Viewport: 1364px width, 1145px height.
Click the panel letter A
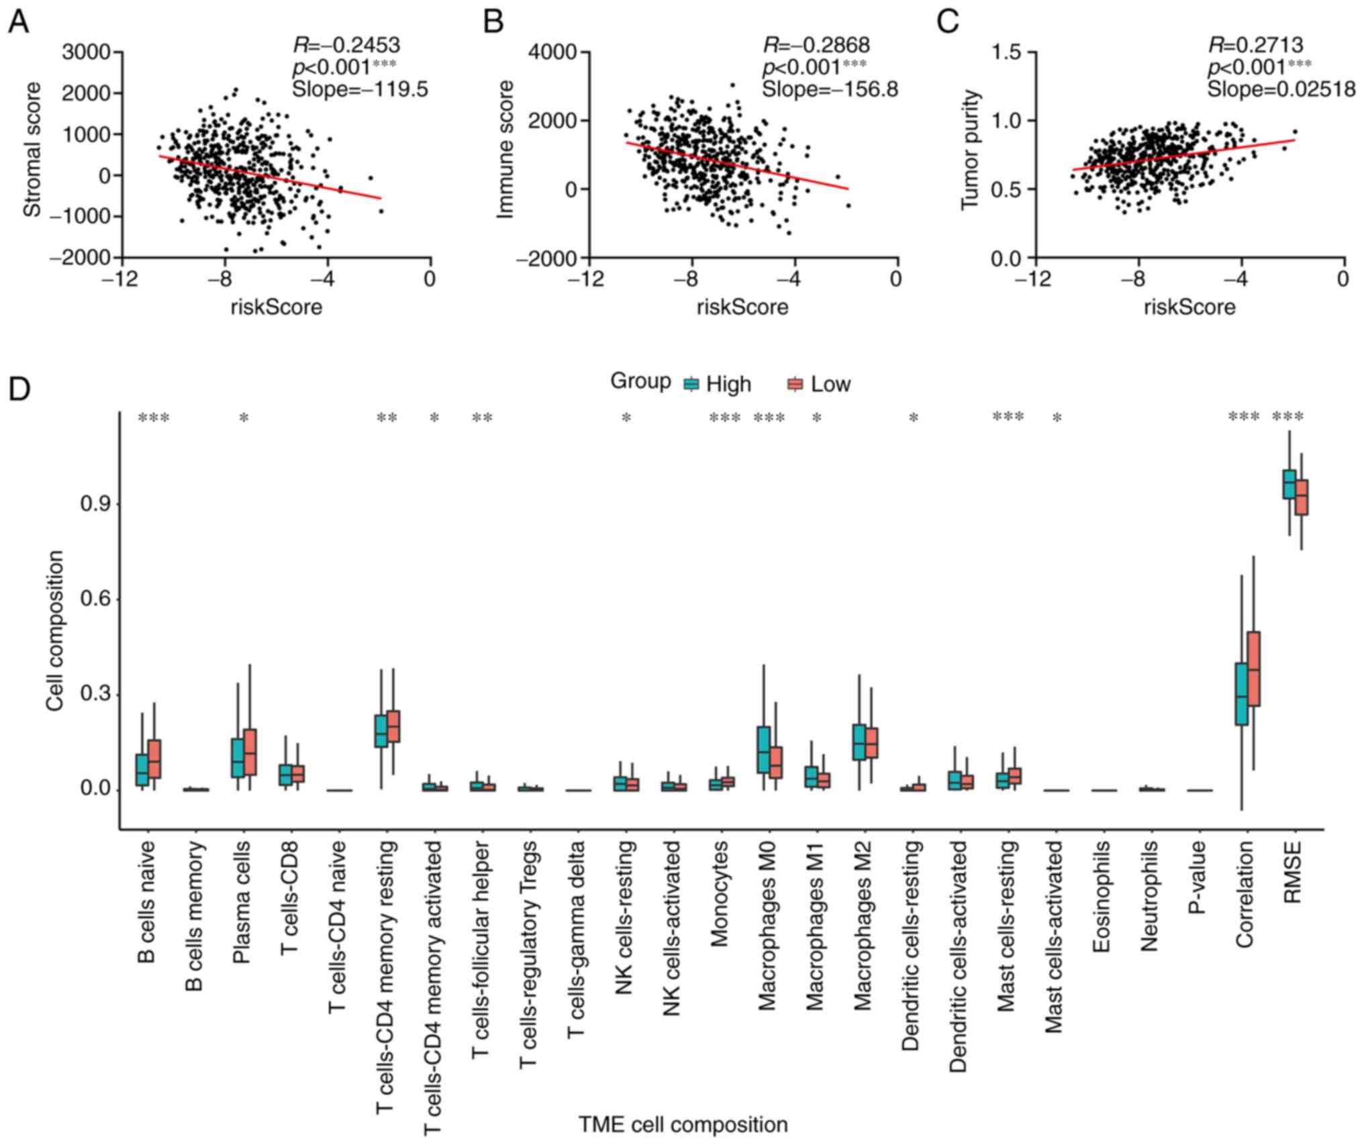(18, 22)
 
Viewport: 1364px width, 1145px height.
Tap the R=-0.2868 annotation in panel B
(816, 45)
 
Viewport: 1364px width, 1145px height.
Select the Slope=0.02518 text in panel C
(1281, 89)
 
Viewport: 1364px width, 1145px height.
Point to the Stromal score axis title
(32, 150)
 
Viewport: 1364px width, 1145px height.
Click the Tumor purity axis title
(970, 150)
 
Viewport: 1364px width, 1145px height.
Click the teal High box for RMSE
(1289, 485)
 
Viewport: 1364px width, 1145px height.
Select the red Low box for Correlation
(1253, 668)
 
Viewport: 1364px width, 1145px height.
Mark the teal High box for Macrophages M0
(763, 750)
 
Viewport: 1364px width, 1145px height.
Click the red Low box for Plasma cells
(250, 752)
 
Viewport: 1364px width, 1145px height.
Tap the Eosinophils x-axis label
(1101, 896)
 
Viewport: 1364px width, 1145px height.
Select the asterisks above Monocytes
(725, 418)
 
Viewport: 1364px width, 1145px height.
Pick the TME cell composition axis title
(683, 1124)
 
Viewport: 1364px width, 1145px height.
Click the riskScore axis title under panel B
(742, 307)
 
